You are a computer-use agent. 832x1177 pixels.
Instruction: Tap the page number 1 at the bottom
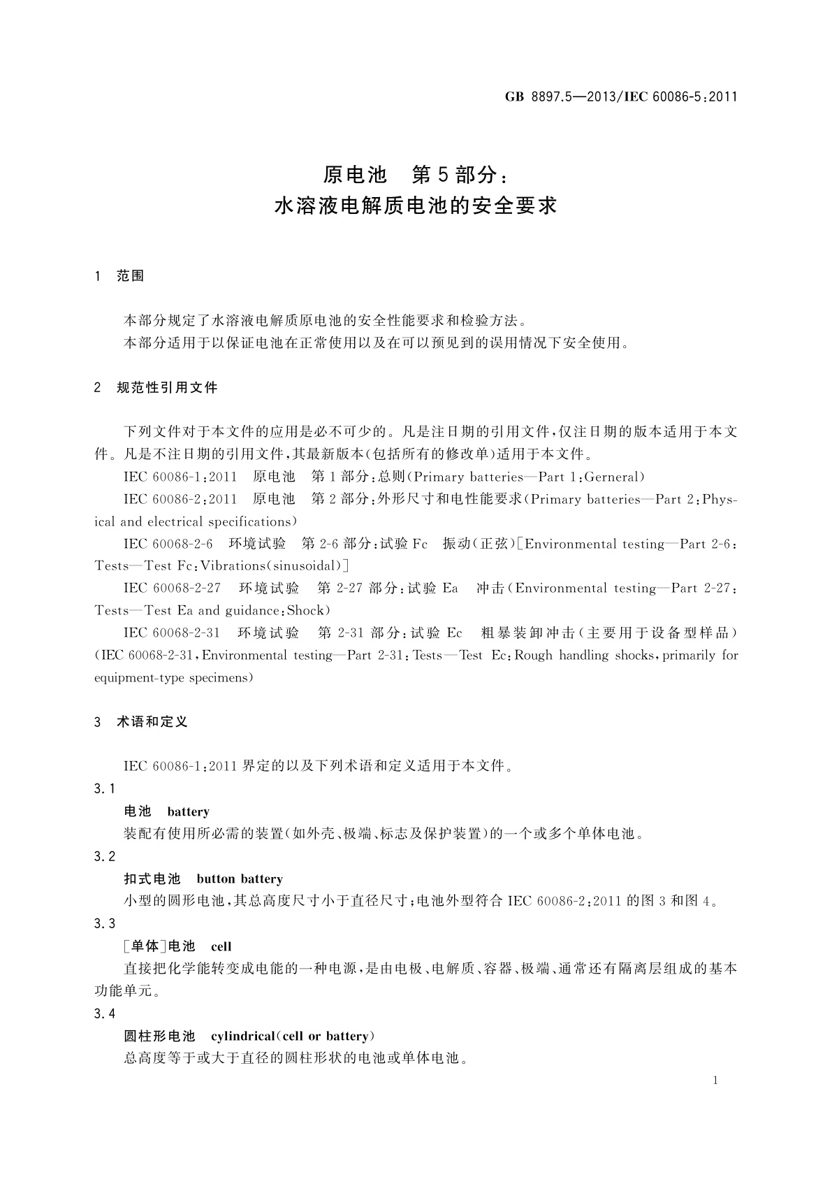715,1081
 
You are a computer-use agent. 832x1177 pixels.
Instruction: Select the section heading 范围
131,276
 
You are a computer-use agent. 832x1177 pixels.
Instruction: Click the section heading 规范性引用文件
167,387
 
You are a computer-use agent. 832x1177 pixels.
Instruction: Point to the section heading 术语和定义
152,722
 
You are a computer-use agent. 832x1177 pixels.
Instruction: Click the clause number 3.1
105,789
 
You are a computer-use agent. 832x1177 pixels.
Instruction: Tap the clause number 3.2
105,856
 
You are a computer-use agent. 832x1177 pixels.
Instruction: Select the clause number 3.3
105,924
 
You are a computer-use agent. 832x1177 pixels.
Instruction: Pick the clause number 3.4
105,1013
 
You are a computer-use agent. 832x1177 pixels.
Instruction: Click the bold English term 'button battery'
240,879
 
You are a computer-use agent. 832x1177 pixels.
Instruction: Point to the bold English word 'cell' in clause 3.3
221,946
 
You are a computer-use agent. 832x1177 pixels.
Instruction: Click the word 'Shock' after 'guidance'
306,610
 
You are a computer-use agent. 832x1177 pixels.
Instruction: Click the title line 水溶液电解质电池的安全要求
416,207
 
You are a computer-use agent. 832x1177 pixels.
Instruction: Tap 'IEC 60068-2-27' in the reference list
172,588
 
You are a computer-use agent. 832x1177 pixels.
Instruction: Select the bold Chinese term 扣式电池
152,879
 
